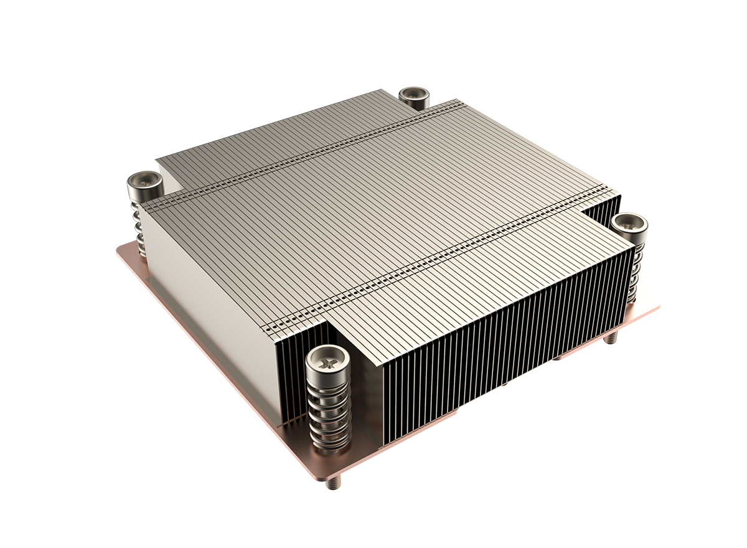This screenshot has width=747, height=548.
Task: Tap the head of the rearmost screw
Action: [413, 95]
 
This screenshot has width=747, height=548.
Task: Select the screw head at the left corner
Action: [144, 182]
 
